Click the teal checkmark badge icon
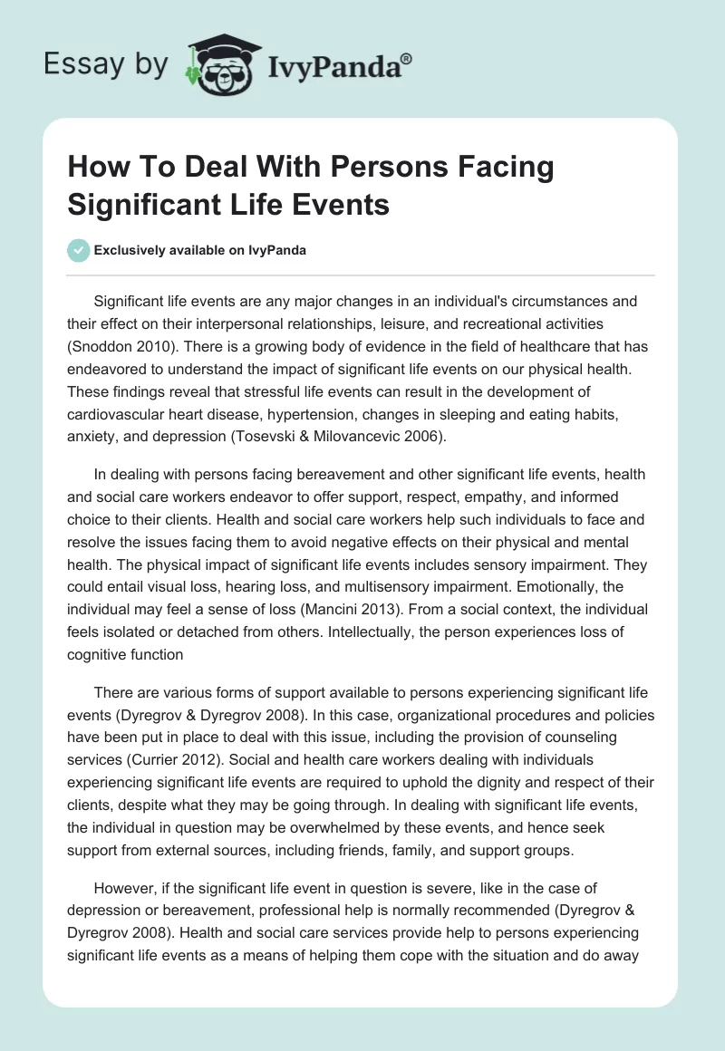pyautogui.click(x=79, y=250)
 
